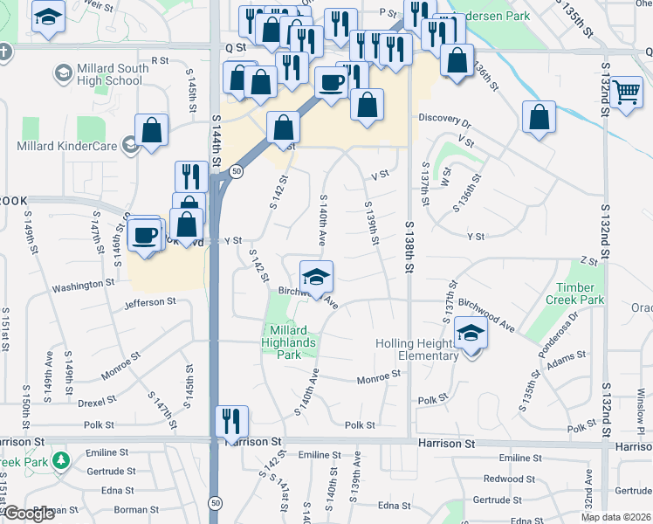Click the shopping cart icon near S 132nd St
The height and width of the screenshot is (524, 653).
pyautogui.click(x=626, y=90)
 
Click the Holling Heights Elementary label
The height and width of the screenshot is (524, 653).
pyautogui.click(x=417, y=349)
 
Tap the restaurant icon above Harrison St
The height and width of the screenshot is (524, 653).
pyautogui.click(x=231, y=420)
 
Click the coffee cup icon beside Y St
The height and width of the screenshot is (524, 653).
pyautogui.click(x=145, y=235)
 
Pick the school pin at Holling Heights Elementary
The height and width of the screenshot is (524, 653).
pyautogui.click(x=471, y=334)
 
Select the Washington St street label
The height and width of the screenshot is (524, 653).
pyautogui.click(x=83, y=285)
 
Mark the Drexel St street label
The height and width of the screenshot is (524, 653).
pyautogui.click(x=96, y=401)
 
